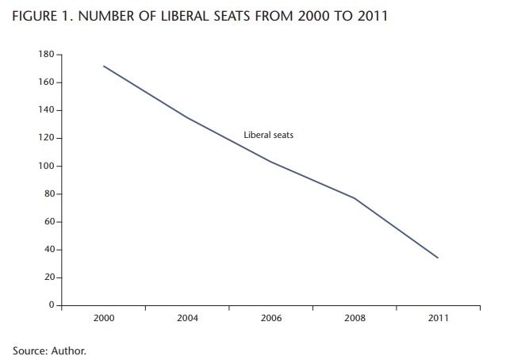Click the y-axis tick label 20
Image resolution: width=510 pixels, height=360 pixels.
(x=48, y=278)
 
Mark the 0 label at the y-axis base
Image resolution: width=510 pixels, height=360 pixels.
(x=51, y=305)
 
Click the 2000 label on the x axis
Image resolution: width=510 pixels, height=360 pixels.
(x=104, y=318)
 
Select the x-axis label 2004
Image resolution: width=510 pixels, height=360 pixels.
(x=187, y=318)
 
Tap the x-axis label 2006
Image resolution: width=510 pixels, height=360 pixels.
(x=270, y=318)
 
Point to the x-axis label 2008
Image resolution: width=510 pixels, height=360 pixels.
(x=354, y=318)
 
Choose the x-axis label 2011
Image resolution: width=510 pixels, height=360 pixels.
(x=437, y=318)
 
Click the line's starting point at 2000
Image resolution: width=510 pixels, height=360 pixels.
(x=104, y=66)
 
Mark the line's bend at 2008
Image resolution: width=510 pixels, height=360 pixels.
(x=354, y=198)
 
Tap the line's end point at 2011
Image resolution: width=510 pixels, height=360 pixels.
(x=437, y=258)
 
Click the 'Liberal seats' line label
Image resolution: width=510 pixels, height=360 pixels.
(x=268, y=136)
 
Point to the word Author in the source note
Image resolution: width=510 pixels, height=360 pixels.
(x=67, y=350)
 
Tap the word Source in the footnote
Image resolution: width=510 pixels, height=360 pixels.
(x=29, y=350)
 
